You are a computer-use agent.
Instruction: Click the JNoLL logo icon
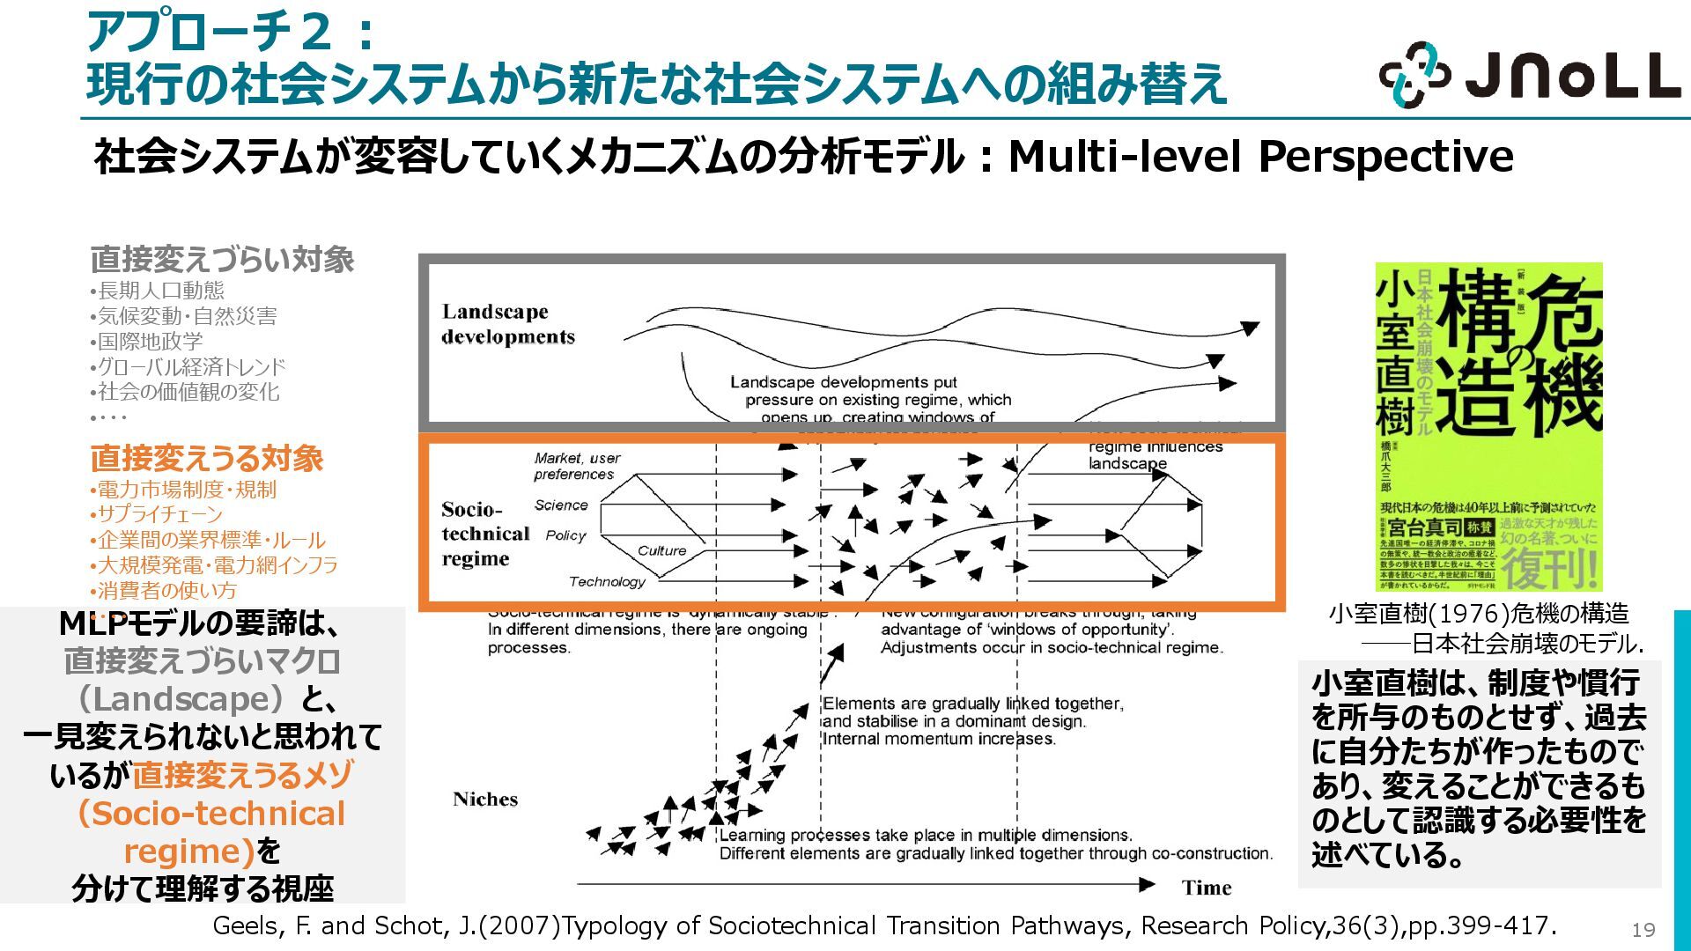[1414, 75]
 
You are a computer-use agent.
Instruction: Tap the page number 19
[1643, 930]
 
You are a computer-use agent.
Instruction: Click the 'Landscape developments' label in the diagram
[507, 324]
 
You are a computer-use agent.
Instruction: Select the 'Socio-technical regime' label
[484, 534]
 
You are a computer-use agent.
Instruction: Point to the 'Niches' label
[485, 800]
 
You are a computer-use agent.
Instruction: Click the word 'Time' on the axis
[1207, 888]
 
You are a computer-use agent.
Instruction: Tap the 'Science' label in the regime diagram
[561, 505]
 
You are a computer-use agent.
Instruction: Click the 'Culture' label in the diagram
[661, 551]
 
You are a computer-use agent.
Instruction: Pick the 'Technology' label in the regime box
[607, 581]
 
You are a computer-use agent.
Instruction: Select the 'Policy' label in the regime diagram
[565, 535]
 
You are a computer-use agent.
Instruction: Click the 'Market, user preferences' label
[576, 466]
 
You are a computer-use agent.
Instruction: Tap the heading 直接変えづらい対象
[222, 260]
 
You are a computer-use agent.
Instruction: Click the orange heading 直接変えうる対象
[207, 459]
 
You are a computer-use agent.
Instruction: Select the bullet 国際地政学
[150, 342]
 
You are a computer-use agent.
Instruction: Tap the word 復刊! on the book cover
[1549, 568]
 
